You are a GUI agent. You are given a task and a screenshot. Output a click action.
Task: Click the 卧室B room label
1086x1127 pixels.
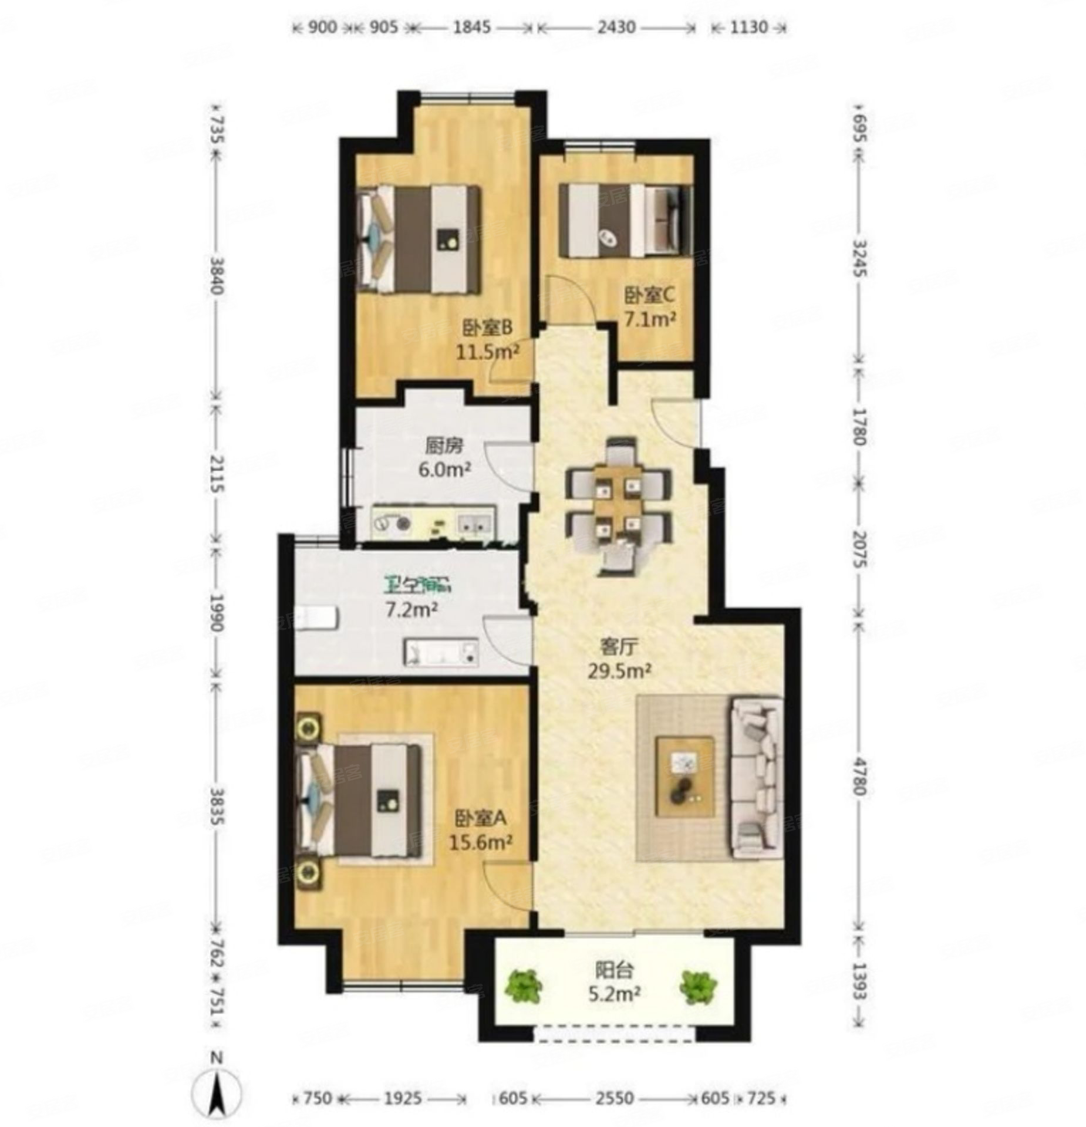(487, 326)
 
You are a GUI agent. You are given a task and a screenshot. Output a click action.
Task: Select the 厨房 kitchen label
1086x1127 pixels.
(444, 447)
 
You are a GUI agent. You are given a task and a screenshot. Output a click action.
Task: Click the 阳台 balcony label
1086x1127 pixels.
(613, 970)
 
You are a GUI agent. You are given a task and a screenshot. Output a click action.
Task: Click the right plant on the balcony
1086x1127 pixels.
(697, 986)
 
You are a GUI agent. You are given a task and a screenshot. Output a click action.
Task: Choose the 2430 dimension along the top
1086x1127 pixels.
(616, 27)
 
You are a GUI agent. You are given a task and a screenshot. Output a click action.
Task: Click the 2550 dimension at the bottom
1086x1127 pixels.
(614, 1098)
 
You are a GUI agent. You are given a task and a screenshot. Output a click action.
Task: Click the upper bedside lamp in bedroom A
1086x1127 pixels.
(308, 728)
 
